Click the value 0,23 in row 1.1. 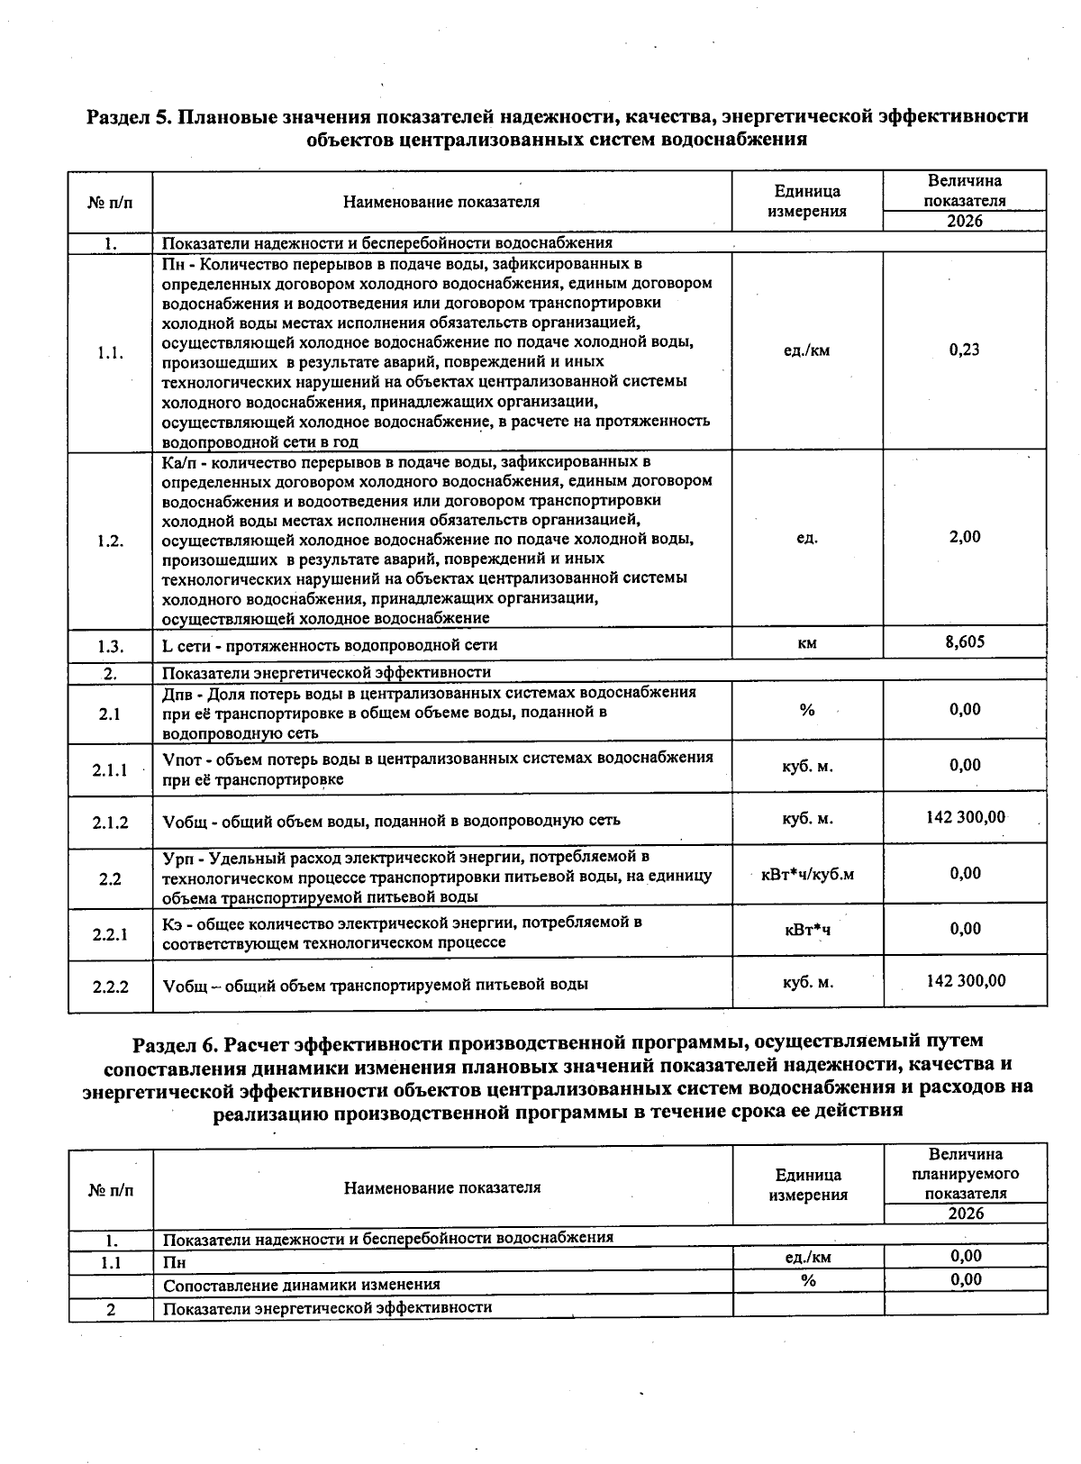pos(965,350)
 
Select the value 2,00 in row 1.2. pos(965,537)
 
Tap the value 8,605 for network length pos(965,641)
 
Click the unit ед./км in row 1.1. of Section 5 pos(807,350)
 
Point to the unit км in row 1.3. pos(807,643)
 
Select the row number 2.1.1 pos(110,770)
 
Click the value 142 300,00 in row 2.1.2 pos(965,817)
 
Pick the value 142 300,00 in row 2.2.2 pos(965,981)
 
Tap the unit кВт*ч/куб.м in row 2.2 pos(807,875)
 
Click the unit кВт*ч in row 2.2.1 pos(807,930)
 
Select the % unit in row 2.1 pos(807,711)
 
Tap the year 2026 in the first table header pos(965,222)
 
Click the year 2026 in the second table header pos(966,1214)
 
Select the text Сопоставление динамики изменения pos(301,1285)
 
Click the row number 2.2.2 pos(110,987)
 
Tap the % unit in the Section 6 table pos(808,1280)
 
